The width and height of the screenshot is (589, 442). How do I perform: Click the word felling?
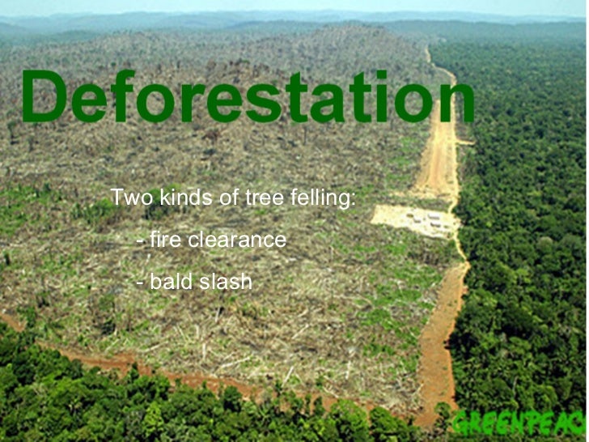tap(319, 198)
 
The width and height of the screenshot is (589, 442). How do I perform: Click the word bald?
tap(170, 282)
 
